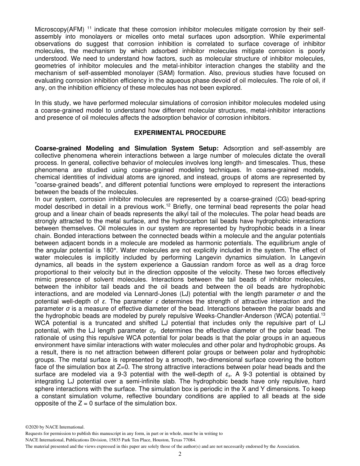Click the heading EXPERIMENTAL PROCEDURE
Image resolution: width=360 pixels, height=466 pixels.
180,133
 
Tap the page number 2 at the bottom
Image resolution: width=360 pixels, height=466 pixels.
180,454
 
